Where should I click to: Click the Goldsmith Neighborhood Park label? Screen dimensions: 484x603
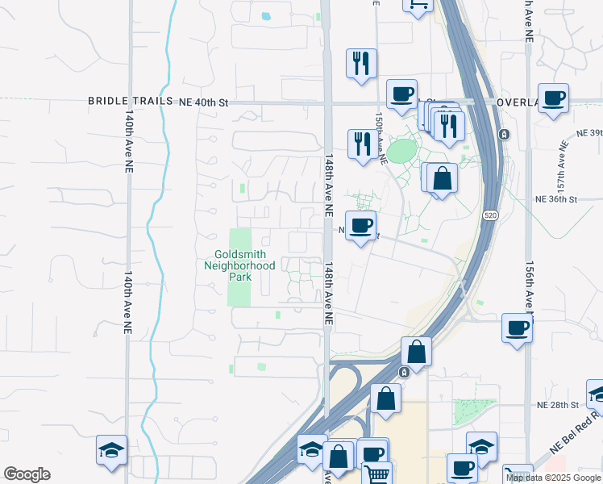click(239, 265)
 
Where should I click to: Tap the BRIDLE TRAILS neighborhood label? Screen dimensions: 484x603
click(131, 102)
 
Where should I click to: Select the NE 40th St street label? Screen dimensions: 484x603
click(204, 102)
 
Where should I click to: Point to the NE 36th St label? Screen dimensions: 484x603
click(556, 199)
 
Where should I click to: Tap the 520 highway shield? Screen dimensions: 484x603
click(489, 215)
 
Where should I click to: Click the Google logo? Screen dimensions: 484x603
click(27, 474)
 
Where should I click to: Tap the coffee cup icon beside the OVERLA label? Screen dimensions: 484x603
click(553, 98)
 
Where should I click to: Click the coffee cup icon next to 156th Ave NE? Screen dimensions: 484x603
click(516, 328)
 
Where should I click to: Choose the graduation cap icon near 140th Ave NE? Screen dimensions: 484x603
click(111, 450)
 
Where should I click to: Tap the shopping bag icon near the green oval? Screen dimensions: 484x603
click(442, 178)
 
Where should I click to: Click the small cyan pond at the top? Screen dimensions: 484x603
click(265, 15)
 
